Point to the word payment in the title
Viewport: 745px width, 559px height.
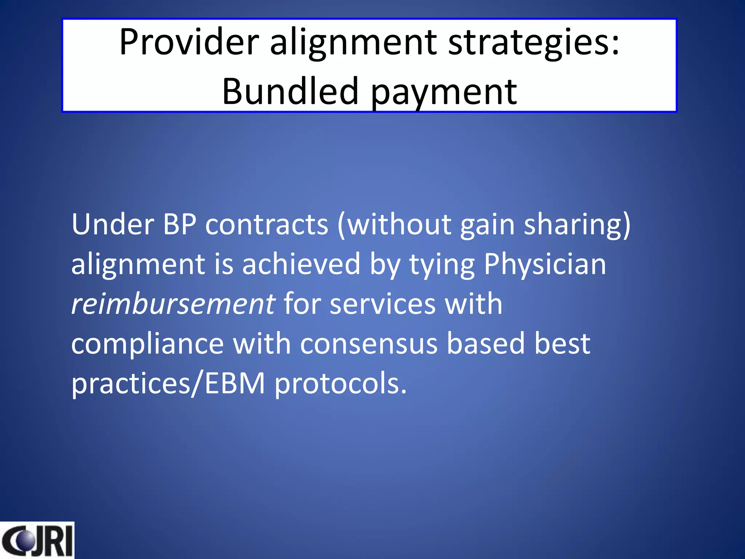pos(444,92)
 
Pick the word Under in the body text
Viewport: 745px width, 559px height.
pos(112,225)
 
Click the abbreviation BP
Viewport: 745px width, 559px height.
pos(180,225)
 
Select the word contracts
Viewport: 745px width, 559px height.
pos(267,225)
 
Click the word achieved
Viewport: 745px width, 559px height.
pos(301,264)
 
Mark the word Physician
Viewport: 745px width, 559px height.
pos(545,264)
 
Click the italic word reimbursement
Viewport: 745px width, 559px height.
pos(173,304)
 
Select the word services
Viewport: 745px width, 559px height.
pos(383,304)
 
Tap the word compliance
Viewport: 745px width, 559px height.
pos(147,344)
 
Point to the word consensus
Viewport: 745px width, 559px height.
pos(368,344)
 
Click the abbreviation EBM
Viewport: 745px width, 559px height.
pos(235,383)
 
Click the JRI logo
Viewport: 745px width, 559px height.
pos(37,540)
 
